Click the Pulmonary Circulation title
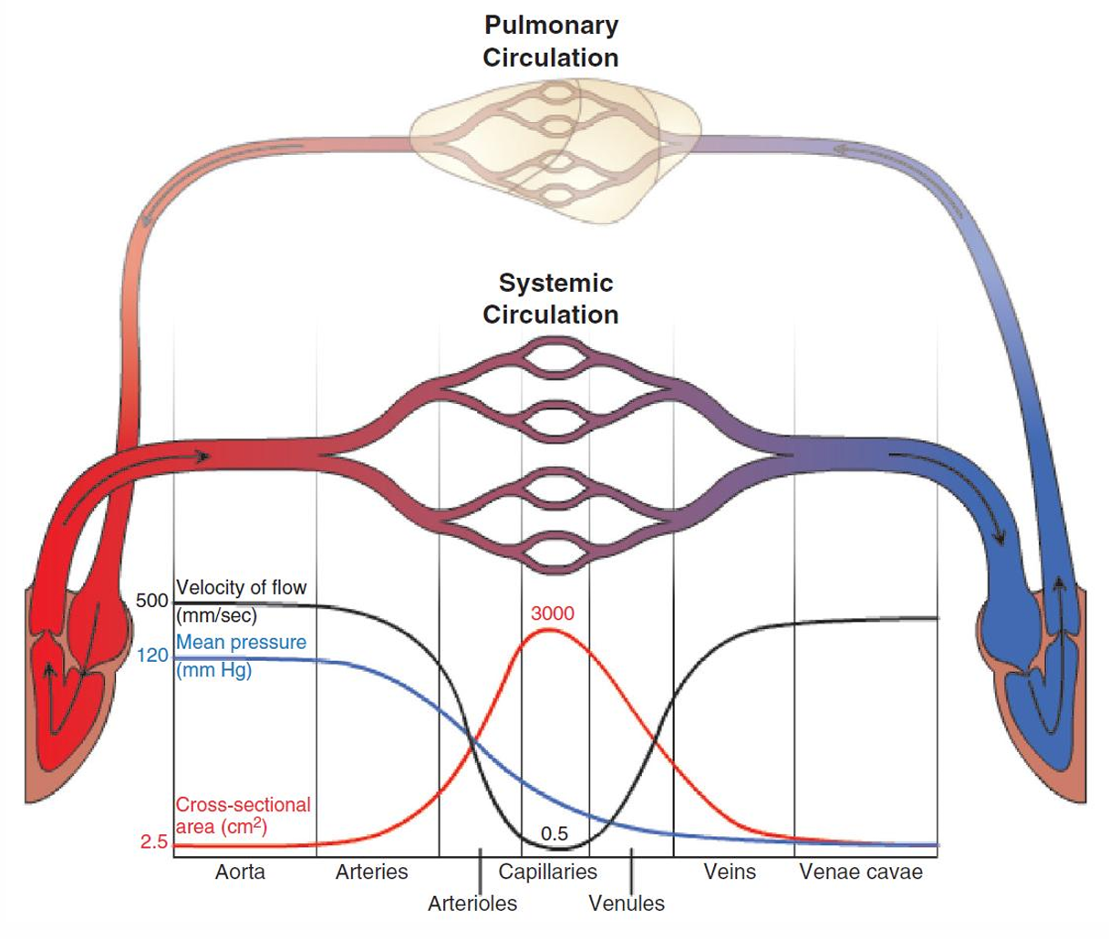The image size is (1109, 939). [550, 41]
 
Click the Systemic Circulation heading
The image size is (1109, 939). [550, 298]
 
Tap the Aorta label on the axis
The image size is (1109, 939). [240, 872]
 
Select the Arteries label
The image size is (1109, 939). [371, 872]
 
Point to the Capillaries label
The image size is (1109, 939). [547, 872]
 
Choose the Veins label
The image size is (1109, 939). [730, 872]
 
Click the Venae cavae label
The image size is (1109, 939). [861, 872]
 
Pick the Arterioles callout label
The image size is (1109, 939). [472, 903]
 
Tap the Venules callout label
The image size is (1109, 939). [627, 903]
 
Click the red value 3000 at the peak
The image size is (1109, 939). [553, 614]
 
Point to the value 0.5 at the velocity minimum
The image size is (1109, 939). [554, 833]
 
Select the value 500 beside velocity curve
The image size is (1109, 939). [151, 602]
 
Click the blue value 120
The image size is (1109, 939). [153, 655]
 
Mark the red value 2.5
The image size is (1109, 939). [154, 842]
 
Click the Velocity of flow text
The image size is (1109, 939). [241, 588]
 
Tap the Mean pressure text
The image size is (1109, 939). [241, 643]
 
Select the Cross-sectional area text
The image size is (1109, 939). [243, 806]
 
